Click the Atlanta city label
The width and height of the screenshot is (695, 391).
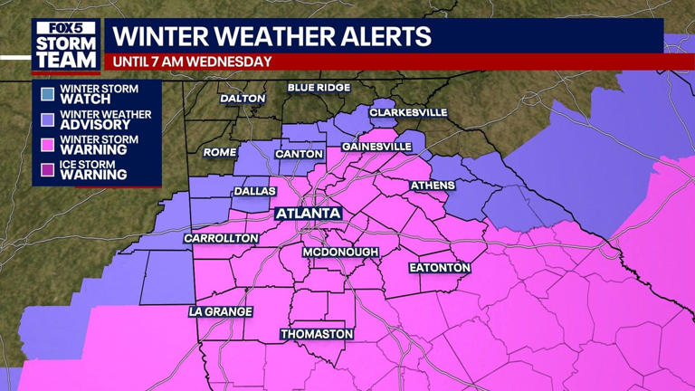pos(309,214)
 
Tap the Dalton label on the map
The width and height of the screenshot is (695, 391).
pos(243,98)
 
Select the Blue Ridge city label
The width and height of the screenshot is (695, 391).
pos(318,88)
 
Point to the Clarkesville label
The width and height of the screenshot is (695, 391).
pos(408,112)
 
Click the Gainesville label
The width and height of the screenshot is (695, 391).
pos(376,147)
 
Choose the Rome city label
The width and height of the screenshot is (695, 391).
pos(219,152)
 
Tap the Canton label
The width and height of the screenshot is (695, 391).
pos(299,154)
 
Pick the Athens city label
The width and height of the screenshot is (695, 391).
pos(433,186)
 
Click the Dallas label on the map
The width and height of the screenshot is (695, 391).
pos(254,191)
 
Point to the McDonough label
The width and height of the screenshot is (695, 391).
pos(340,252)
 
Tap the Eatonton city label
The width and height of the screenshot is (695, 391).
pos(440,268)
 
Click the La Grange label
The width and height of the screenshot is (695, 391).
pos(220,311)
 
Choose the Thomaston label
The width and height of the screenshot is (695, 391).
pos(316,334)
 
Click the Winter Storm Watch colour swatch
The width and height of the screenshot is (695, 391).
pos(47,93)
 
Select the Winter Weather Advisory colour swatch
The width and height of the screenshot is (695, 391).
pos(47,119)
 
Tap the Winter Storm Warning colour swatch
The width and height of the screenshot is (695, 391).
pos(47,145)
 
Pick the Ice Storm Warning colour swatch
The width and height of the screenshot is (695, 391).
pos(47,169)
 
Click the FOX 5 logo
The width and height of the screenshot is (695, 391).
pos(65,27)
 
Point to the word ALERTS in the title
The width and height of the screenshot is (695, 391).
pos(383,37)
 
